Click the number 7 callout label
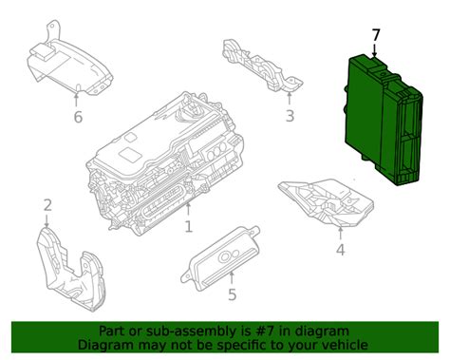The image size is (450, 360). coord(376,35)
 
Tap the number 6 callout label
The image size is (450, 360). coord(78,117)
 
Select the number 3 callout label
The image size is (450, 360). coord(290,116)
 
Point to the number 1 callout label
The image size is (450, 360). coord(189,227)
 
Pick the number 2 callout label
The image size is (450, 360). coord(47,205)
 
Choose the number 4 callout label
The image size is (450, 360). coord(340,250)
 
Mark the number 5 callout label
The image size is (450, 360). coord(233,294)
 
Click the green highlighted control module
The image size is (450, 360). coord(384,120)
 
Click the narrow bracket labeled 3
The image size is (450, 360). coord(263,66)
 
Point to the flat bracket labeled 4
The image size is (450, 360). coord(326,202)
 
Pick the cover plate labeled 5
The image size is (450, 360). coord(220,258)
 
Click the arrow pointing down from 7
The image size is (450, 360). coord(375,50)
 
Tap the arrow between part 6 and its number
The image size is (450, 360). coord(76,101)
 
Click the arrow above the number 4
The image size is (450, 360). coord(340,234)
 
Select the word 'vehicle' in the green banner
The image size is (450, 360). coord(347,345)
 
